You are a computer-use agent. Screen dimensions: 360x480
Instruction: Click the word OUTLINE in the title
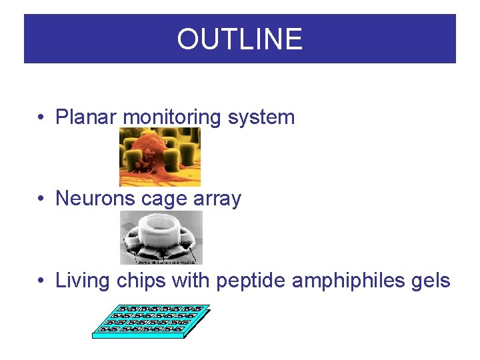(x=239, y=39)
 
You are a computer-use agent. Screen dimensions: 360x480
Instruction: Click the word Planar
(x=87, y=117)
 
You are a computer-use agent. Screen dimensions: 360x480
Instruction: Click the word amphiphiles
(x=347, y=281)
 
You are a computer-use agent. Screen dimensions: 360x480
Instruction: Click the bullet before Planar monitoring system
(x=41, y=118)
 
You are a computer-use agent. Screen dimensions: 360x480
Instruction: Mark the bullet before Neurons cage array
(x=41, y=199)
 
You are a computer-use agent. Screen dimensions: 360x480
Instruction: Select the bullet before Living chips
(x=41, y=281)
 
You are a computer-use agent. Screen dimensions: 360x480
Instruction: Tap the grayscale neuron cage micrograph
(x=161, y=238)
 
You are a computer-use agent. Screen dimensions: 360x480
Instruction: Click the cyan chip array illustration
(x=151, y=321)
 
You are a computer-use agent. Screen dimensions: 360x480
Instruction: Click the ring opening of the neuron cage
(x=161, y=223)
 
